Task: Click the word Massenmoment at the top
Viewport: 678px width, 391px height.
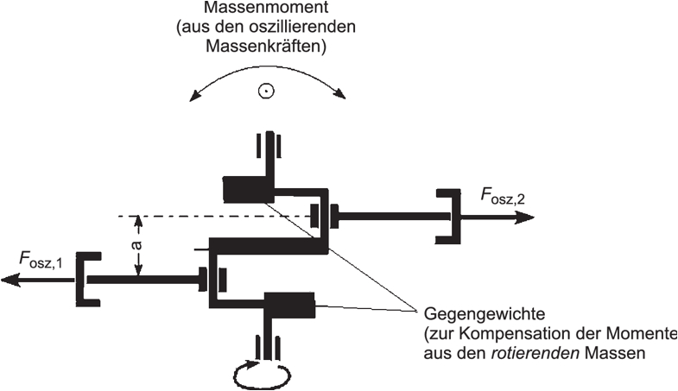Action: tap(267, 9)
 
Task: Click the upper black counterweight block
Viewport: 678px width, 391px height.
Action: tap(246, 187)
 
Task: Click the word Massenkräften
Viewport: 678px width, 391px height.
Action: tap(267, 47)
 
